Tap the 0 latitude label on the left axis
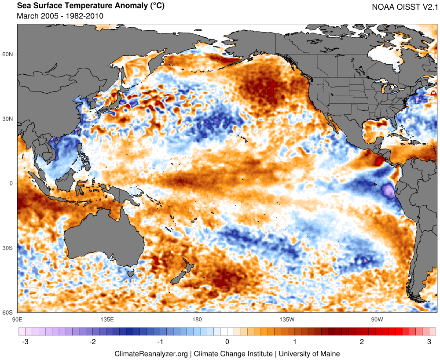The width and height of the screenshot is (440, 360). [x=12, y=183]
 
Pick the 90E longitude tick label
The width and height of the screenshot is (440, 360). [x=17, y=319]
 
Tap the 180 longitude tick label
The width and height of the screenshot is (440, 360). [x=197, y=319]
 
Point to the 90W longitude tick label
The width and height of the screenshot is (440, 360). [x=376, y=319]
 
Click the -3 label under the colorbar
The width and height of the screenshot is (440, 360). [x=25, y=342]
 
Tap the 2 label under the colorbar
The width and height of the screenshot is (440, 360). [x=362, y=342]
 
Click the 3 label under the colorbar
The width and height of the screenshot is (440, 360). [x=429, y=342]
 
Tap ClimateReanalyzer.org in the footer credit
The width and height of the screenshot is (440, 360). [x=151, y=353]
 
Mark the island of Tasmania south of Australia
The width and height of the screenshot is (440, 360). [x=130, y=275]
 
